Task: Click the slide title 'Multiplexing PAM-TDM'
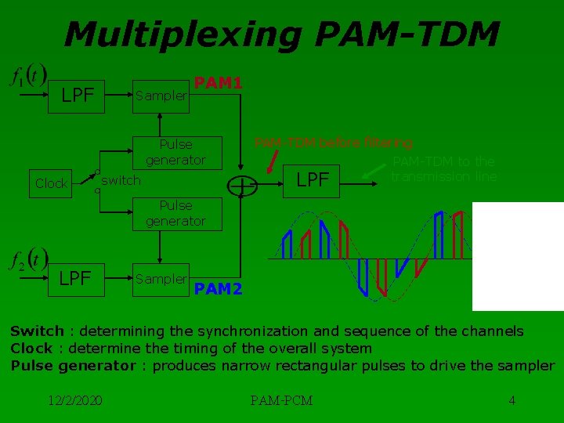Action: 282,34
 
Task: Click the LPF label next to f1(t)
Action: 78,96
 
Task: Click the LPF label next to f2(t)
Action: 75,278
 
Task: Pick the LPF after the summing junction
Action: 313,180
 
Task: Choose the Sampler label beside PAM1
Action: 161,96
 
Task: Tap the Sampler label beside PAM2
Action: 161,278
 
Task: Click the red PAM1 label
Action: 218,82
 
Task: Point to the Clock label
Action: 51,183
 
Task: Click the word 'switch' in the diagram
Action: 121,181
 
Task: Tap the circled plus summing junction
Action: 244,185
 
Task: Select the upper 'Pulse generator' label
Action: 175,152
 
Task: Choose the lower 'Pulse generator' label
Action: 175,213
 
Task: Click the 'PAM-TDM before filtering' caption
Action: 333,143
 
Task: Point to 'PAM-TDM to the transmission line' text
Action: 443,168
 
